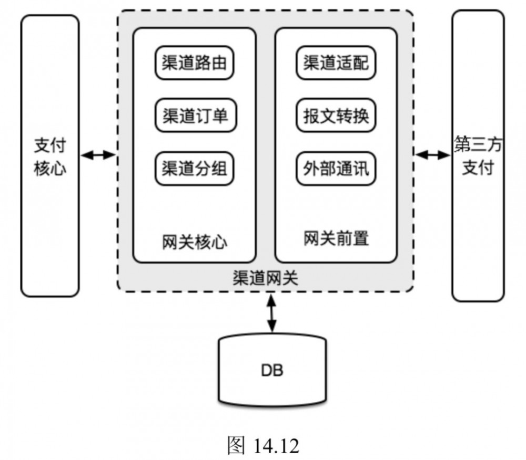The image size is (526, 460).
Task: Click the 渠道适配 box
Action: pos(336,64)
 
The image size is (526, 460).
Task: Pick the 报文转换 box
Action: pos(336,116)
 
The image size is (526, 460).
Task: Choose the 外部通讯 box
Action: pos(336,169)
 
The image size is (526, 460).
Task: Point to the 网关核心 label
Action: pos(195,243)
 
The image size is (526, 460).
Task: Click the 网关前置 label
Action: pos(336,239)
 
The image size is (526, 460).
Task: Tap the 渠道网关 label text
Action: pos(265,278)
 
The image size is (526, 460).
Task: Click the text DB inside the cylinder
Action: pos(272,371)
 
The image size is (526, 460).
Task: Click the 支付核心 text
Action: pos(50,156)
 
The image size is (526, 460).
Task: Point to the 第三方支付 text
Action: pos(478,156)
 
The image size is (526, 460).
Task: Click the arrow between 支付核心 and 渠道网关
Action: pos(98,155)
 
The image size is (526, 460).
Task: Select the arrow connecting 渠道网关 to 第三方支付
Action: pos(432,155)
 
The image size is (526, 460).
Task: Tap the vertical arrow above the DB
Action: pos(271,313)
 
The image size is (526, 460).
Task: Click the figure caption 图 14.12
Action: pos(262,446)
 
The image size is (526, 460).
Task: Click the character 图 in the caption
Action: pos(236,446)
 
